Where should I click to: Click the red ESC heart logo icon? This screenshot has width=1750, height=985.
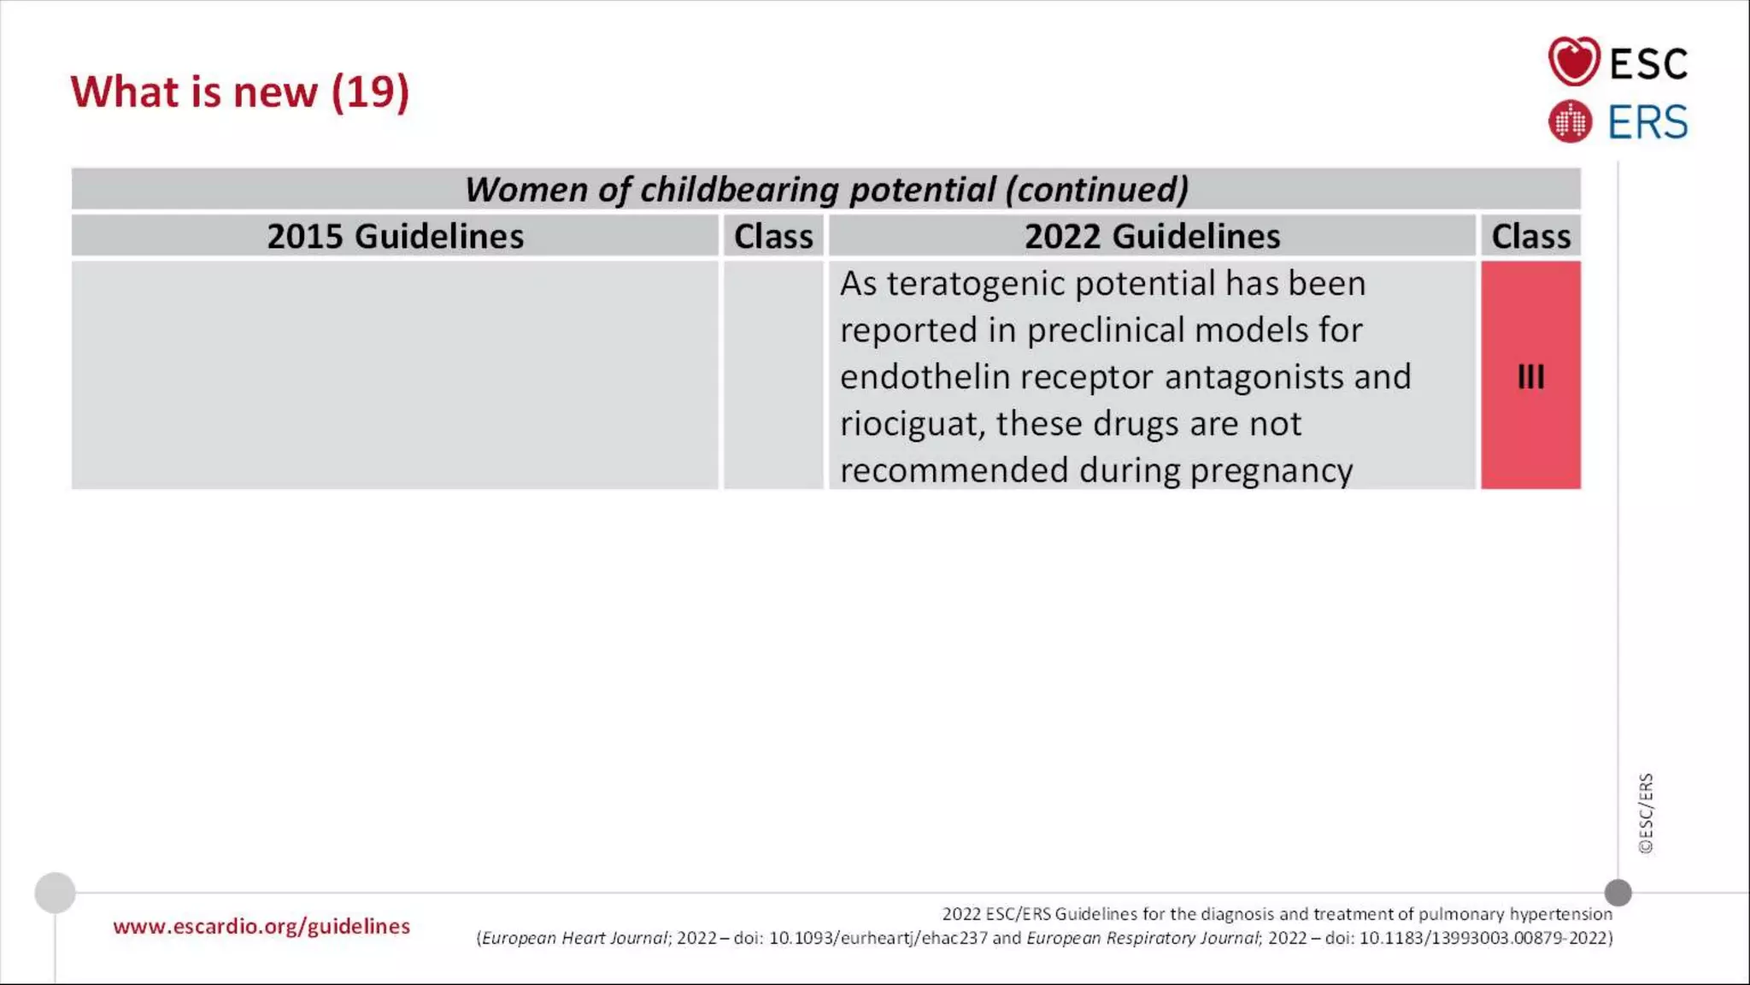(1573, 62)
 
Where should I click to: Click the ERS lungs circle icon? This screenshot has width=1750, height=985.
(1570, 121)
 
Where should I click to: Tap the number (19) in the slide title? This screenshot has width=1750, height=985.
(370, 91)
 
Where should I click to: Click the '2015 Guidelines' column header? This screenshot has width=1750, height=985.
(395, 236)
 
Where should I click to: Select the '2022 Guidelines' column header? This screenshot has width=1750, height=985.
(1152, 236)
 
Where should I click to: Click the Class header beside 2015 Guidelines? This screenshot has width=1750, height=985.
(773, 236)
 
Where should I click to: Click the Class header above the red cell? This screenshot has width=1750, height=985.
(1530, 236)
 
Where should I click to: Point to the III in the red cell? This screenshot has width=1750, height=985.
(1530, 376)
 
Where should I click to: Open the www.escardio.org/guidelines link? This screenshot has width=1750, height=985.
(261, 926)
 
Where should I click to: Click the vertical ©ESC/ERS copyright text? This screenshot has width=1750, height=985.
(1646, 813)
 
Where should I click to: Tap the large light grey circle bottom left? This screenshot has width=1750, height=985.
(56, 893)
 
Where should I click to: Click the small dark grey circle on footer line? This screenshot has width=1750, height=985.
(1618, 893)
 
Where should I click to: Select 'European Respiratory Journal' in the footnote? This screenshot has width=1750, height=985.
(1142, 938)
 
